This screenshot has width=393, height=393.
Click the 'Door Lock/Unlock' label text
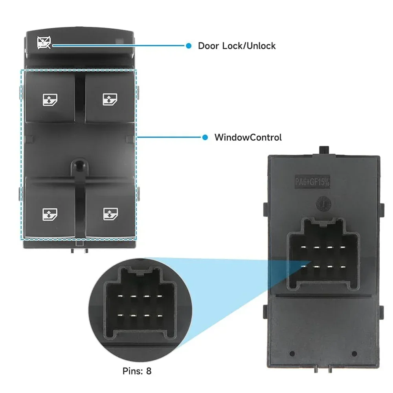[237, 46]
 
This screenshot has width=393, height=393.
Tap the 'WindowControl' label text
[248, 138]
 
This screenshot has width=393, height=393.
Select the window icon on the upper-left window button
[48, 100]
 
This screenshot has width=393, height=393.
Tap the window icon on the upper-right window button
[108, 100]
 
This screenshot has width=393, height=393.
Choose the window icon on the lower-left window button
[48, 214]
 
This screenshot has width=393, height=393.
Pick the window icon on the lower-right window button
[108, 214]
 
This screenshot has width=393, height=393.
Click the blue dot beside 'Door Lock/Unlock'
[189, 46]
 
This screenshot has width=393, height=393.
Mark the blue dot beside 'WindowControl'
[205, 138]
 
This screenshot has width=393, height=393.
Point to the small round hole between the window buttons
[78, 165]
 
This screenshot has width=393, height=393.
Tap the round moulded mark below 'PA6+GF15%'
[323, 204]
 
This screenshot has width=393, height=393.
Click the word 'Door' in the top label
[209, 46]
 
